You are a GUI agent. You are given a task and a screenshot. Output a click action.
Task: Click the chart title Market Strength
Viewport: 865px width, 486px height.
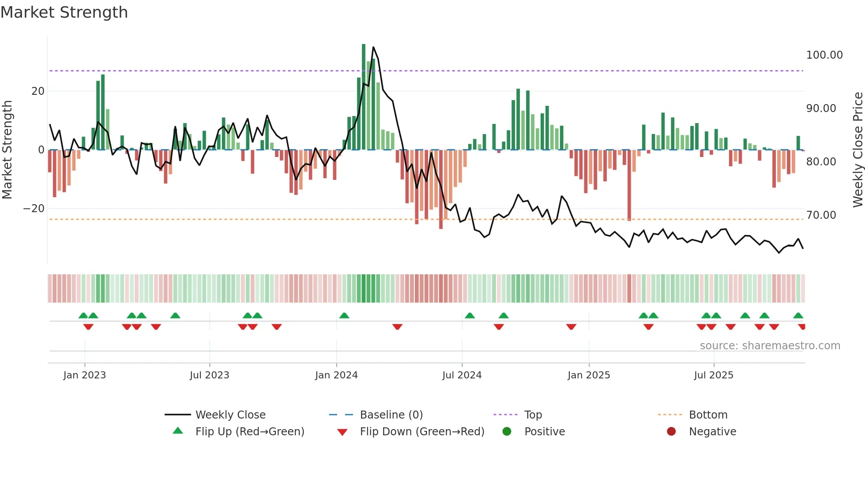pyautogui.click(x=64, y=12)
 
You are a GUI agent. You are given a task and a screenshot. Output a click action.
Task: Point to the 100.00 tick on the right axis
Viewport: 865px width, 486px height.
pyautogui.click(x=824, y=55)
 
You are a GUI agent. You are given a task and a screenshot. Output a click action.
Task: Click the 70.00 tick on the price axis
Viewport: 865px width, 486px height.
pyautogui.click(x=821, y=215)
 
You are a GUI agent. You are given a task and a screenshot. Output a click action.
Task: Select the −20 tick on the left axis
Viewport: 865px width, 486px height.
pyautogui.click(x=34, y=209)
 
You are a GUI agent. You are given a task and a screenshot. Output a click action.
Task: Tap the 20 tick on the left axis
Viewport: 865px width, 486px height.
pyautogui.click(x=38, y=91)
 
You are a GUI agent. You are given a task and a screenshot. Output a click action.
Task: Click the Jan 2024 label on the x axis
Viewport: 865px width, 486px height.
pyautogui.click(x=336, y=375)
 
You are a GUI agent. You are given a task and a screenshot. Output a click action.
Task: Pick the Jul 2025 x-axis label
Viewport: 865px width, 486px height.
pyautogui.click(x=713, y=375)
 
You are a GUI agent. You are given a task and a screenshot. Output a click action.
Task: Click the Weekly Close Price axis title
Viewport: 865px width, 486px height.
pyautogui.click(x=857, y=150)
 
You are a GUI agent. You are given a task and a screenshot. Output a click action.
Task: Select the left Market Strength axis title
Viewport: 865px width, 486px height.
pyautogui.click(x=7, y=150)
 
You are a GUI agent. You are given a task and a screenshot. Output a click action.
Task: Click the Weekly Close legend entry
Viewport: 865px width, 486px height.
pyautogui.click(x=230, y=415)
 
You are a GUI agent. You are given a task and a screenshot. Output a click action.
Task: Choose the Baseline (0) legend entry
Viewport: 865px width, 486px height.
pyautogui.click(x=391, y=415)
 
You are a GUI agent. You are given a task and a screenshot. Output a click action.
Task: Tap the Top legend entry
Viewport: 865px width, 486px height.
pyautogui.click(x=533, y=415)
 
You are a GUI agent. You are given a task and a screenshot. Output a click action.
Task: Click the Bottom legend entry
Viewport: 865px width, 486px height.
pyautogui.click(x=708, y=415)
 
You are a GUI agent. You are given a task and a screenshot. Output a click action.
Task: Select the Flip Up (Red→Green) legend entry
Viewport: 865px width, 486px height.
pyautogui.click(x=249, y=432)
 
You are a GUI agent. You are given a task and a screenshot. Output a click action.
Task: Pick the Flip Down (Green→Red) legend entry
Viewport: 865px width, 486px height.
pyautogui.click(x=421, y=432)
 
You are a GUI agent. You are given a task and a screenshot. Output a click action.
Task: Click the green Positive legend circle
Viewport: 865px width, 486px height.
pyautogui.click(x=507, y=432)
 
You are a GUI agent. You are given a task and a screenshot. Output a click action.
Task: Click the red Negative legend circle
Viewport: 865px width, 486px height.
pyautogui.click(x=671, y=432)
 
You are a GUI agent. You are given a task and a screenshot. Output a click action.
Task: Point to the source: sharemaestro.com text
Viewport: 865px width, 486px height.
pyautogui.click(x=770, y=346)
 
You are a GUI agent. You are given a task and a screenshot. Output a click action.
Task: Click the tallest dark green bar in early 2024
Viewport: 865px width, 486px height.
pyautogui.click(x=364, y=97)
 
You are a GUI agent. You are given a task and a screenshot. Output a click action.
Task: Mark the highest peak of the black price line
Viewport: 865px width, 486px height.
pyautogui.click(x=373, y=47)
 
